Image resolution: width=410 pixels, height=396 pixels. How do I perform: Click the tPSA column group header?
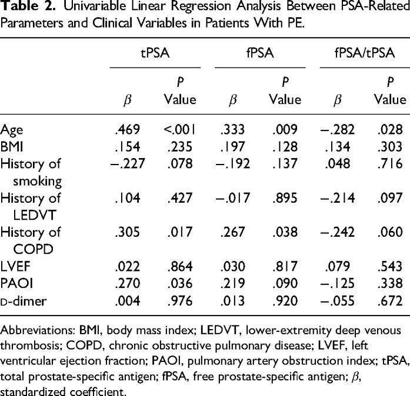click(x=155, y=53)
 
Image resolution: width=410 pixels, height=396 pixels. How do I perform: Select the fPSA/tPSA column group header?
click(x=365, y=53)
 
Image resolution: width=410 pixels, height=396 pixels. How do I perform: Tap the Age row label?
click(x=12, y=130)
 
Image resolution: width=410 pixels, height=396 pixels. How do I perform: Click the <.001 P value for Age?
click(x=179, y=130)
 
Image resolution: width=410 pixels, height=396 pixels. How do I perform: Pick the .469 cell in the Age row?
click(x=128, y=130)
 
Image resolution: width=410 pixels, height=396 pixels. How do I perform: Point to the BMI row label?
click(x=12, y=146)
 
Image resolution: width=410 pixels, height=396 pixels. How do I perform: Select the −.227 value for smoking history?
click(x=128, y=164)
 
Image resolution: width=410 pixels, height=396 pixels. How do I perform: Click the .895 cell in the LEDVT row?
click(x=285, y=198)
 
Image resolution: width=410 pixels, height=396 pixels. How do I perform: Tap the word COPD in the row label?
click(x=33, y=249)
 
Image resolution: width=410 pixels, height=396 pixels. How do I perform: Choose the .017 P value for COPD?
click(x=180, y=232)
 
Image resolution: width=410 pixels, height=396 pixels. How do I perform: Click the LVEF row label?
click(x=15, y=266)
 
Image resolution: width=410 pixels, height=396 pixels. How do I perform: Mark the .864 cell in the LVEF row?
click(x=180, y=266)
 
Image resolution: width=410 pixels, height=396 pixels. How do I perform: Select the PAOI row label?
click(x=16, y=284)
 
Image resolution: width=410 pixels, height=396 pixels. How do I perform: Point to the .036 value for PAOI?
click(x=180, y=284)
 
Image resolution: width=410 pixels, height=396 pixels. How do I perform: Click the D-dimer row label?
click(x=24, y=301)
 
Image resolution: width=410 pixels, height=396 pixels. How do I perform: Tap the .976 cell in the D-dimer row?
click(x=180, y=301)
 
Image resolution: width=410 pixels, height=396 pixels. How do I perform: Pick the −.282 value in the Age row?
click(x=338, y=130)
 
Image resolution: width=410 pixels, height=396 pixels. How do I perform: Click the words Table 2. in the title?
click(x=28, y=6)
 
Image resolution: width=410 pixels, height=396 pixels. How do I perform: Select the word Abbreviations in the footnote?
click(x=38, y=330)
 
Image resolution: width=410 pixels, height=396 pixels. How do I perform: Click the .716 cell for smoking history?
click(x=390, y=164)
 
